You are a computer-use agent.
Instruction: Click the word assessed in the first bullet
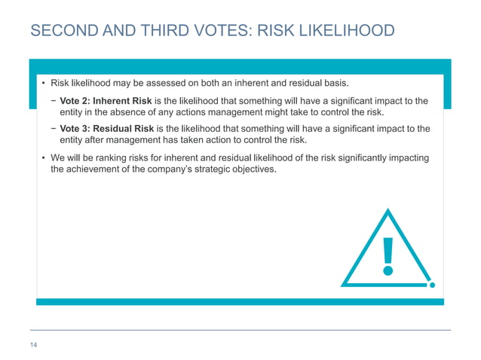click(164, 82)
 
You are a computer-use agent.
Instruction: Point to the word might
click(283, 113)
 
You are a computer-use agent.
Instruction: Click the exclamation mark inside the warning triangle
click(388, 255)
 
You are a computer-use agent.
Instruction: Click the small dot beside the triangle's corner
click(432, 285)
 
